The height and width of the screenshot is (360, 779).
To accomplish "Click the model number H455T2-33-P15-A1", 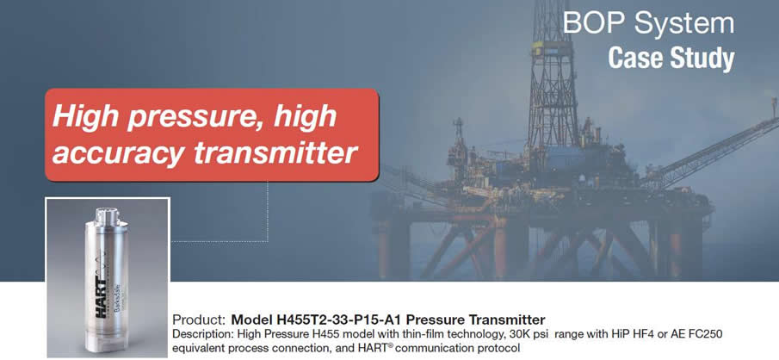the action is click(x=334, y=320).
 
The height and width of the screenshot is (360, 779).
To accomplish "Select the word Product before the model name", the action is click(x=200, y=320).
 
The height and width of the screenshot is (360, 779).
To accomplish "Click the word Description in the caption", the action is click(x=196, y=335).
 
